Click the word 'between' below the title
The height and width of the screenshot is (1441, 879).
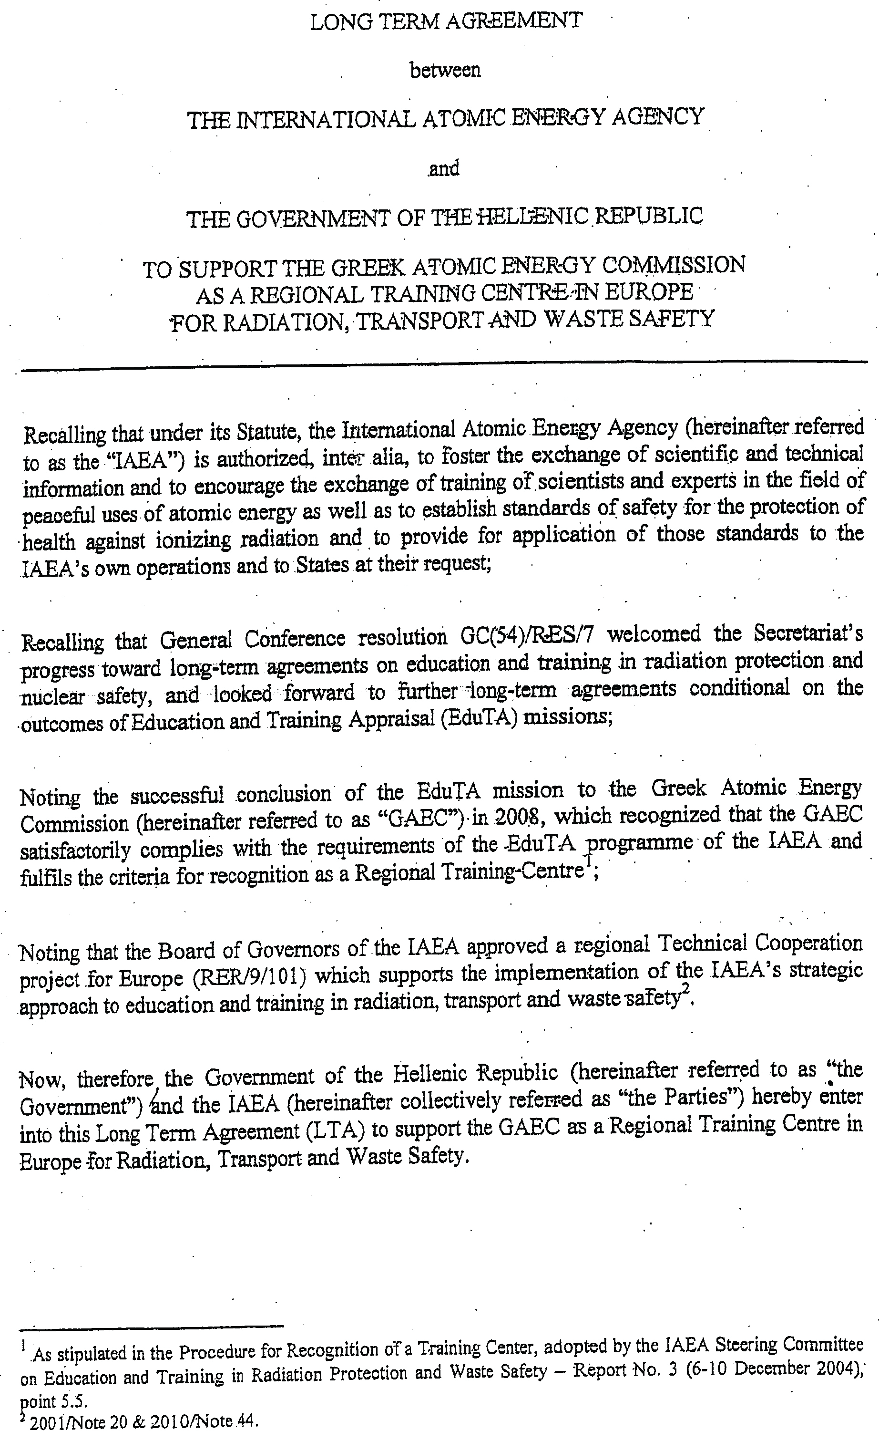(445, 71)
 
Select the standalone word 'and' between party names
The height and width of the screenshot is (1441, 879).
(444, 168)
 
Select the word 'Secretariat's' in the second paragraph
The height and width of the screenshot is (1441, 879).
(808, 632)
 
